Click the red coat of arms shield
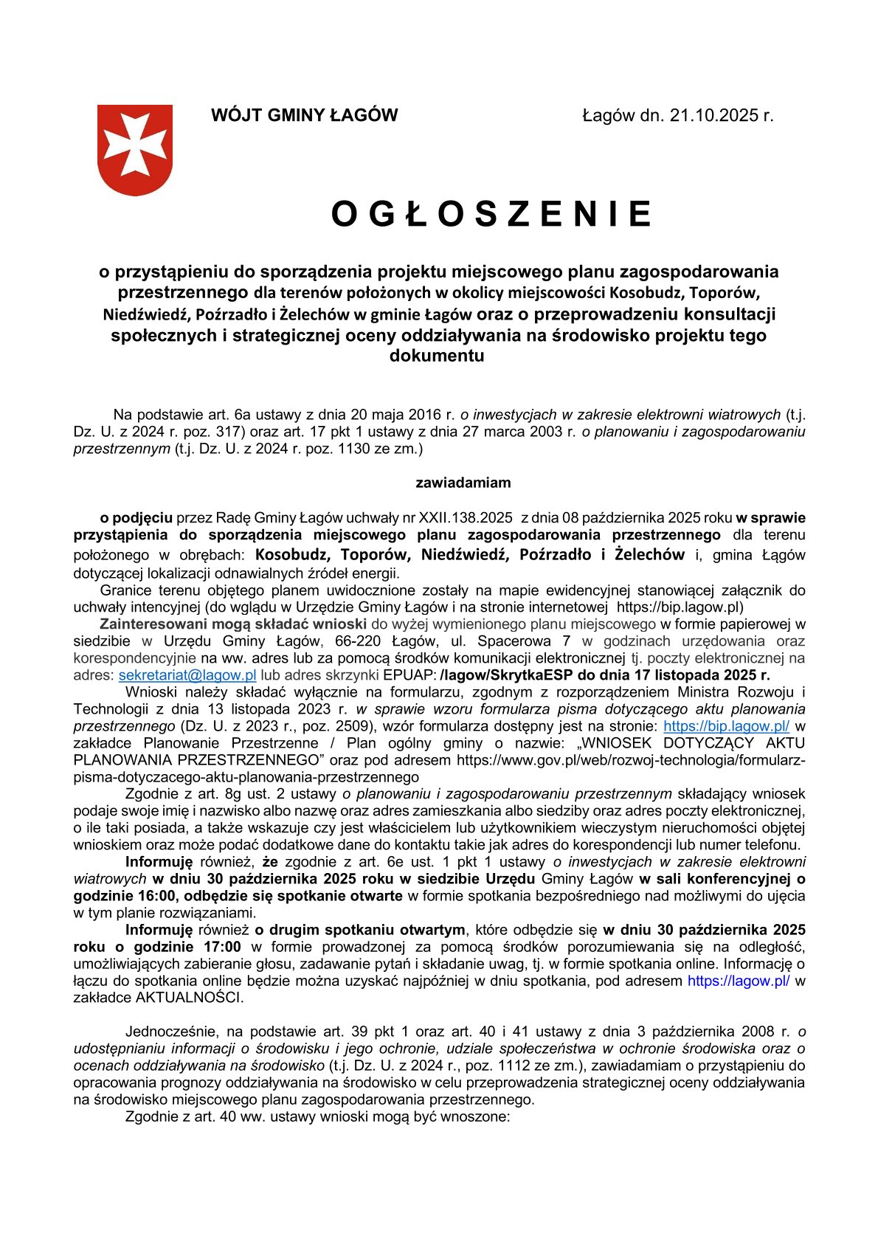coord(135,149)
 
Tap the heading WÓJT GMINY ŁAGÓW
coord(304,115)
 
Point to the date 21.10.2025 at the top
coord(715,115)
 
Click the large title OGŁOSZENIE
coord(491,214)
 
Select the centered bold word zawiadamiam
coord(463,483)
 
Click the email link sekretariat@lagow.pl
coord(187,675)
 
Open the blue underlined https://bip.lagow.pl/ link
coord(727,726)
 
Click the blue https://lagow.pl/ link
coord(739,981)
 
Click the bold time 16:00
coord(154,896)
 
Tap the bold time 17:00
coord(218,947)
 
